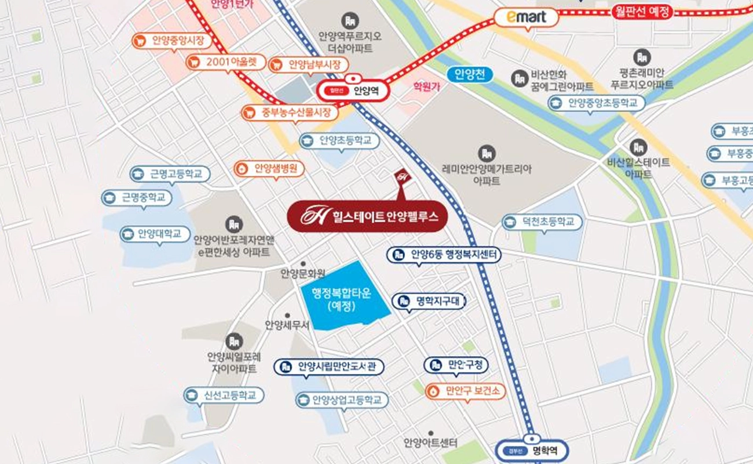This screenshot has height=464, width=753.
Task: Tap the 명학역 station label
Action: (532, 450)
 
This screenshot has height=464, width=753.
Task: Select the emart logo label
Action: (526, 17)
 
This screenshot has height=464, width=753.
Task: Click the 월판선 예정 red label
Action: (641, 12)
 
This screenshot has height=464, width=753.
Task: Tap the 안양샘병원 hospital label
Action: (269, 169)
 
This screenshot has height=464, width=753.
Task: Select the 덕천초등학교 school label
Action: (542, 222)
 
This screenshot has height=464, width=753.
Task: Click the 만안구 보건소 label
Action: (465, 391)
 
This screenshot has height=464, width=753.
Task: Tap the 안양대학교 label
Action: (155, 234)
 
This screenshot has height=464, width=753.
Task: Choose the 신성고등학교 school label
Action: (224, 396)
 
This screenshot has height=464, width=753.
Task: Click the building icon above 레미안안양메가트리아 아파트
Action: (486, 154)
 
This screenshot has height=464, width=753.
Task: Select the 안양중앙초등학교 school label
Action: (597, 104)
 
